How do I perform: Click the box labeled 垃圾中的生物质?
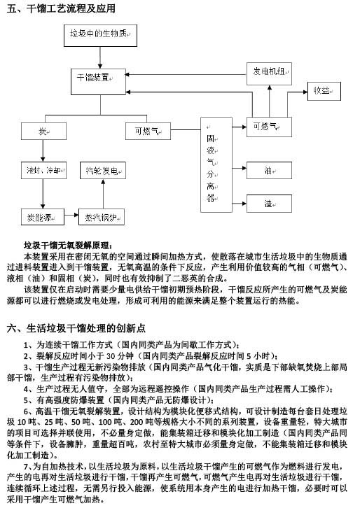pyautogui.click(x=100, y=35)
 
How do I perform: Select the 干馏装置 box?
pyautogui.click(x=98, y=82)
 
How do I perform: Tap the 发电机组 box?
pyautogui.click(x=269, y=73)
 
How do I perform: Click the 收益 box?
pyautogui.click(x=324, y=91)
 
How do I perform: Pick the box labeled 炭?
pyautogui.click(x=43, y=131)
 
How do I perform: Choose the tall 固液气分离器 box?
pyautogui.click(x=216, y=164)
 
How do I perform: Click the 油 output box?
pyautogui.click(x=269, y=170)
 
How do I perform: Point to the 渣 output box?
pyautogui.click(x=269, y=204)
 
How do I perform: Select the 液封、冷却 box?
pyautogui.click(x=43, y=170)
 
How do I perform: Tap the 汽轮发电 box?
pyautogui.click(x=103, y=170)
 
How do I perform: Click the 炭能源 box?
pyautogui.click(x=43, y=217)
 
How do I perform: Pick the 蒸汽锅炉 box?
pyautogui.click(x=102, y=217)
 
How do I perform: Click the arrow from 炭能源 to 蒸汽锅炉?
pyautogui.click(x=71, y=215)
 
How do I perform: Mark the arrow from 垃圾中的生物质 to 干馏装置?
pyautogui.click(x=100, y=57)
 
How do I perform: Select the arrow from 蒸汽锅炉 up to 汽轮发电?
pyautogui.click(x=103, y=194)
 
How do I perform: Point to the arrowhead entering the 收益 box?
pyautogui.click(x=305, y=92)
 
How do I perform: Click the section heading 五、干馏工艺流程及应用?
pyautogui.click(x=61, y=8)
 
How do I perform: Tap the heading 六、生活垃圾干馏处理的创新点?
pyautogui.click(x=76, y=328)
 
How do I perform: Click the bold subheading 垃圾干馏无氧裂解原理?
pyautogui.click(x=67, y=246)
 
